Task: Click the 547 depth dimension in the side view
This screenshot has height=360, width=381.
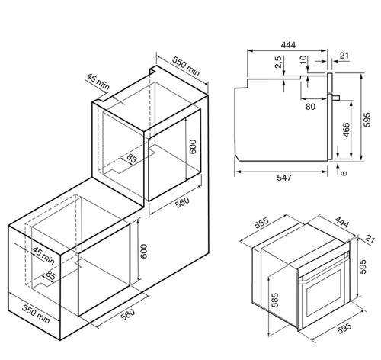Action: pos(284,178)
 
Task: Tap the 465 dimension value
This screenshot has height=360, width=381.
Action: pos(346,130)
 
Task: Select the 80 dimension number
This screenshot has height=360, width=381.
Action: pos(310,107)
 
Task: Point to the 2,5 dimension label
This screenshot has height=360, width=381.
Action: pos(278,62)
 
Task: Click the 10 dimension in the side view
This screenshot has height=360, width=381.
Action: pos(303,59)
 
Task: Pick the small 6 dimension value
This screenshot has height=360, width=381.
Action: pos(344,173)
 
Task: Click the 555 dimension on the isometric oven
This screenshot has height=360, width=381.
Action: pos(261,223)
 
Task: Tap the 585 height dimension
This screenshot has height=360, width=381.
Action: pos(274,300)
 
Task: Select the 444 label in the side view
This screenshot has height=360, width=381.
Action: pos(288,45)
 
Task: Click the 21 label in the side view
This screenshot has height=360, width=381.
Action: pos(344,56)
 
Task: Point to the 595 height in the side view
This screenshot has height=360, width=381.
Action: pos(367,119)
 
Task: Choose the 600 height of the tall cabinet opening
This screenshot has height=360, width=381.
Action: pos(193,146)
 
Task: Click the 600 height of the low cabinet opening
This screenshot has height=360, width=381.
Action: pos(144,251)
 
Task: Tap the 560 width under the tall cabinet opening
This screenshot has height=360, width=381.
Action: pos(183,203)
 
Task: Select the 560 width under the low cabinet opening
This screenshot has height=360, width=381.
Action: pos(127,314)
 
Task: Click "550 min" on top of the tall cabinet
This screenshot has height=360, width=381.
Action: pos(186,66)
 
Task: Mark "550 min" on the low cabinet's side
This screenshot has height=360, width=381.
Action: pos(36,313)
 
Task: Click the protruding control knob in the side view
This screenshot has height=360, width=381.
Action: pos(336,98)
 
